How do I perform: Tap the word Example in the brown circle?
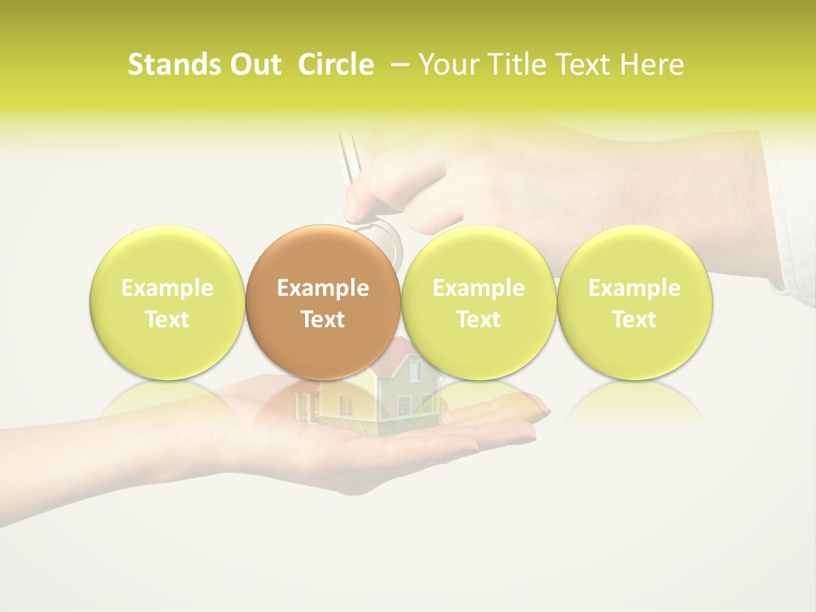click(323, 288)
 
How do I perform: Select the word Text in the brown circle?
click(323, 320)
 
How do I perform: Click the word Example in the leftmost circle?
click(167, 288)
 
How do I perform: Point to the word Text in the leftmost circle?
click(167, 320)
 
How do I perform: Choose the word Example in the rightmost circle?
click(634, 288)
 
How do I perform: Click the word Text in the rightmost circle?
click(634, 320)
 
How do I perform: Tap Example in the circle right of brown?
click(479, 288)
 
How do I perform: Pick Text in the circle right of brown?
click(479, 320)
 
